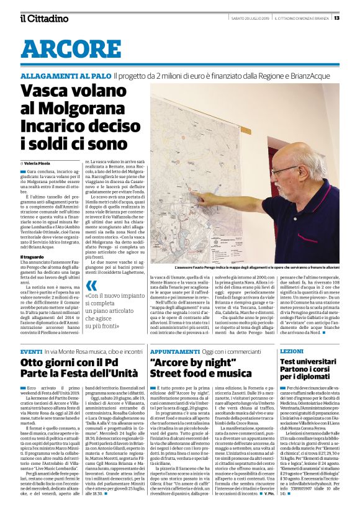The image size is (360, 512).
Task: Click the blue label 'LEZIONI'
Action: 292,351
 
